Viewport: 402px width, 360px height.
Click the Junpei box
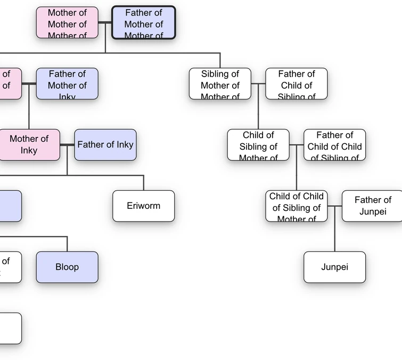click(x=334, y=267)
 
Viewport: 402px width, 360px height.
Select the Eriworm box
click(x=143, y=206)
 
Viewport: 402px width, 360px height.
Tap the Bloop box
click(x=67, y=267)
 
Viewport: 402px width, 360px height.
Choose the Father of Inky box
click(x=105, y=144)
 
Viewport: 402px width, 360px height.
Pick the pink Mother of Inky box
click(x=29, y=144)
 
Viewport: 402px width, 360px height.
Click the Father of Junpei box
click(x=372, y=206)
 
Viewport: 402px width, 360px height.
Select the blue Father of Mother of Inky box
click(x=67, y=84)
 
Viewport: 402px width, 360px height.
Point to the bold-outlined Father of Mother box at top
click(x=143, y=23)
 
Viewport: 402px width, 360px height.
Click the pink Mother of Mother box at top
click(x=67, y=23)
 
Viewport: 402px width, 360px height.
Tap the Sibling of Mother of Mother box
click(x=220, y=84)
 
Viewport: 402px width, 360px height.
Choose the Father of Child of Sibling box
click(x=296, y=84)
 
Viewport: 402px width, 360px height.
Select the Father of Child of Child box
click(x=334, y=144)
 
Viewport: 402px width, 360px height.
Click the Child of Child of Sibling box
click(x=296, y=206)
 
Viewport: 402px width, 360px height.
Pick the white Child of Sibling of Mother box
click(x=258, y=144)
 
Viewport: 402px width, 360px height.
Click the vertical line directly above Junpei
click(x=334, y=234)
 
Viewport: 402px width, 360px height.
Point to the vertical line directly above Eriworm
click(x=143, y=183)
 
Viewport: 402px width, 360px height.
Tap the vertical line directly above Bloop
click(x=67, y=244)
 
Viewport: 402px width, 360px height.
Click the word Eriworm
click(x=143, y=206)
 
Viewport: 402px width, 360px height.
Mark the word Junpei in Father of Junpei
click(x=372, y=211)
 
